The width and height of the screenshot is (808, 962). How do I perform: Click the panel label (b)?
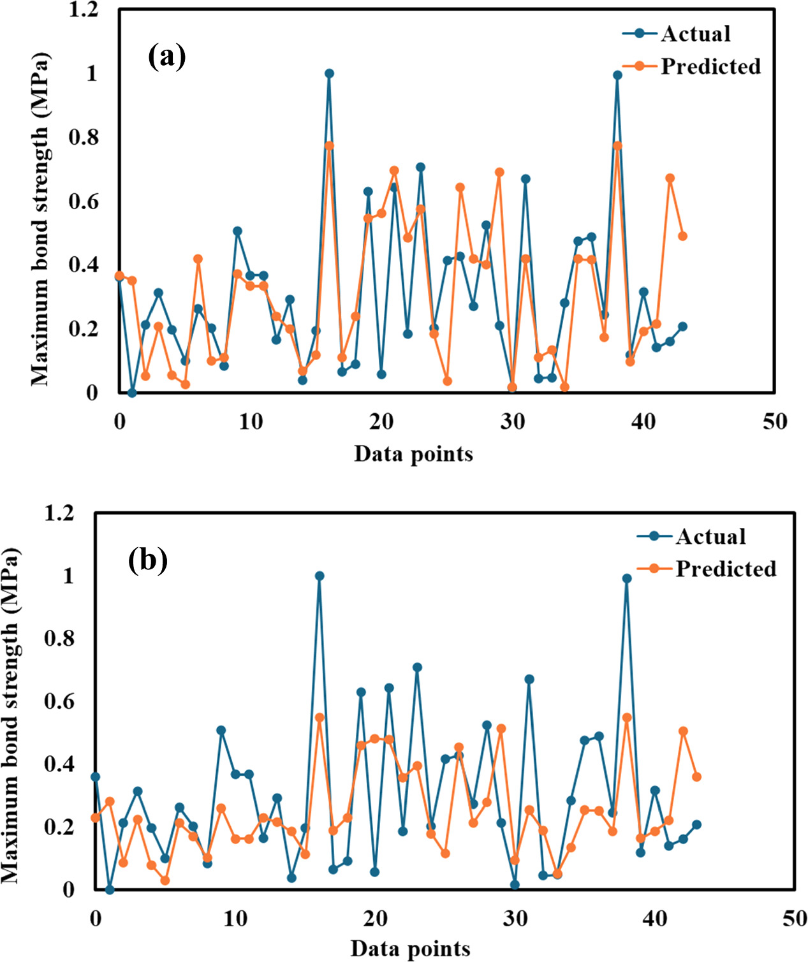click(148, 560)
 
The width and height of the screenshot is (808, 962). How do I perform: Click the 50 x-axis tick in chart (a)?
click(775, 421)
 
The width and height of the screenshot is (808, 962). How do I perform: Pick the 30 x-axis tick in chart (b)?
click(515, 918)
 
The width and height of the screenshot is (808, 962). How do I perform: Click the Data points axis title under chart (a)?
click(413, 454)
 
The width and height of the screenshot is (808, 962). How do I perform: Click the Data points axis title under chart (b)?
click(410, 949)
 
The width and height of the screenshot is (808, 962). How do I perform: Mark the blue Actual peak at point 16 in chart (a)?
click(329, 73)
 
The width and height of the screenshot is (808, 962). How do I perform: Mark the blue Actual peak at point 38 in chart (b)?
click(627, 578)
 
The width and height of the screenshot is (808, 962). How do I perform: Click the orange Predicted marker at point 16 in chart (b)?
click(320, 717)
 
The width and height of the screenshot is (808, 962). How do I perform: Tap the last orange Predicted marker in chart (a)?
click(682, 236)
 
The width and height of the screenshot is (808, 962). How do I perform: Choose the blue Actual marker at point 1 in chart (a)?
click(132, 393)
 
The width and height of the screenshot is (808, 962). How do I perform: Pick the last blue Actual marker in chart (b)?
click(696, 824)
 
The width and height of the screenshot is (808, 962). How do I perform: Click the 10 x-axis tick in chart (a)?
click(251, 421)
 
